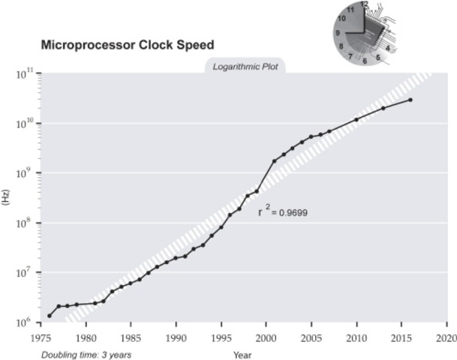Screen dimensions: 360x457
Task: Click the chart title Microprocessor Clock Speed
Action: tap(127, 45)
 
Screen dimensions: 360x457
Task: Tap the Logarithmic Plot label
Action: tap(245, 66)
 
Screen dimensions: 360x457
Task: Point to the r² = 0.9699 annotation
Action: tap(283, 212)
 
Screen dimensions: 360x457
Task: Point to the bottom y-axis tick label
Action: tap(24, 322)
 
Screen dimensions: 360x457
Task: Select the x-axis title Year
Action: tap(242, 354)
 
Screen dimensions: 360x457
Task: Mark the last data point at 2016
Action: tap(410, 100)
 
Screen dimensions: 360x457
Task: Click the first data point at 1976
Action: tap(50, 316)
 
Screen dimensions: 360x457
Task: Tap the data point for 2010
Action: tap(356, 120)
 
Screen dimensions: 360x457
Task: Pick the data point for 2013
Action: tap(383, 108)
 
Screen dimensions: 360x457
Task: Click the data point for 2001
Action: tap(275, 161)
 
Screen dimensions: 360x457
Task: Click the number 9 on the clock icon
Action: tap(338, 33)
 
